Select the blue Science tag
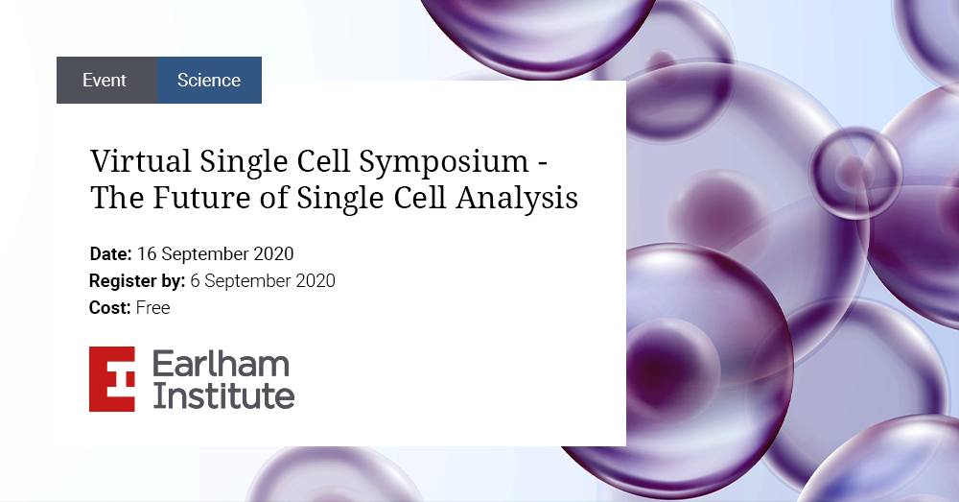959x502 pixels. (209, 81)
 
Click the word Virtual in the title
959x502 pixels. (141, 161)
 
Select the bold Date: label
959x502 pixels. (110, 253)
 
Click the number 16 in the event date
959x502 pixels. (147, 253)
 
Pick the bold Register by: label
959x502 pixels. (137, 281)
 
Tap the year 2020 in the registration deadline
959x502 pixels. (315, 280)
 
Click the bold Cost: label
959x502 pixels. (110, 307)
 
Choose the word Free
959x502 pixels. (152, 307)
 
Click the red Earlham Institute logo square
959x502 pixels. (112, 379)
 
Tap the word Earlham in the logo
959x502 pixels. (221, 364)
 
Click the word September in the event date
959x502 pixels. (205, 254)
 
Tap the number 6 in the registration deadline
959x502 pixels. (195, 280)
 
